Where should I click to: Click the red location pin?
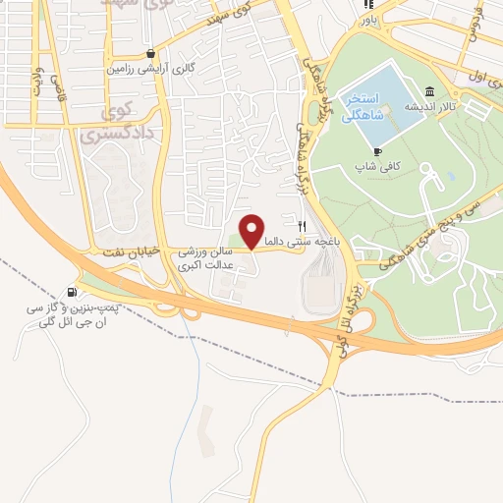point(251,231)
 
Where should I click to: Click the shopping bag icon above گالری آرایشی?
point(149,54)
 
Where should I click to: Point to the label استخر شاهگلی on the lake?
point(364,107)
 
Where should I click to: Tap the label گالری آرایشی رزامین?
point(147,71)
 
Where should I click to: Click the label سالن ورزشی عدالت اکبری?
point(206,257)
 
